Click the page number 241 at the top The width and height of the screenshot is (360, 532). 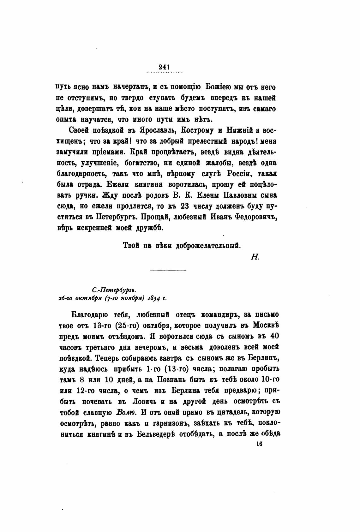(x=165, y=67)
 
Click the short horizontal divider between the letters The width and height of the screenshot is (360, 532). (x=168, y=270)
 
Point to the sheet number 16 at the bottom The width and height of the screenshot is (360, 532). (x=260, y=444)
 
